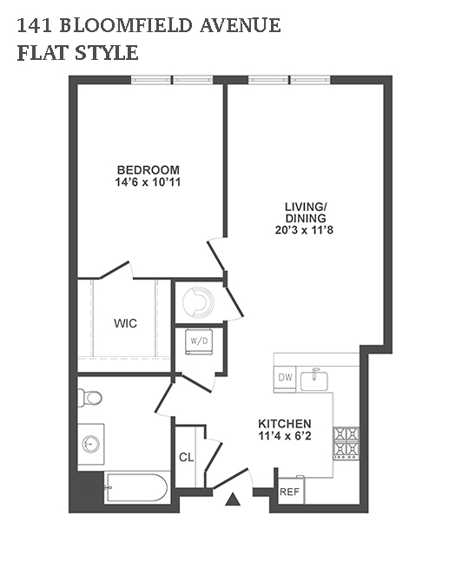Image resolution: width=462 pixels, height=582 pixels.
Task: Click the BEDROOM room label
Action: point(148,170)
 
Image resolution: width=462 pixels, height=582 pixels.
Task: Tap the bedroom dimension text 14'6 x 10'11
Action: point(148,182)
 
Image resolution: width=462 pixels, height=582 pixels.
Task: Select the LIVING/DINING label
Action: point(306,212)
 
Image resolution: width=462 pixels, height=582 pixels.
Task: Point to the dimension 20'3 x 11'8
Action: point(304,230)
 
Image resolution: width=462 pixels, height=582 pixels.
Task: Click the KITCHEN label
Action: point(285,424)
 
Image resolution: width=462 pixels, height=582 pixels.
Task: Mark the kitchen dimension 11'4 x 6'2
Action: point(285,436)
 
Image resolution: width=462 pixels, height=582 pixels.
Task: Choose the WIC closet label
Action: point(125,323)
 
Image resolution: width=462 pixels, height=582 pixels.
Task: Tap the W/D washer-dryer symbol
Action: point(199,341)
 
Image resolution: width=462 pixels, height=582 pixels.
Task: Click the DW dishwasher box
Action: point(285,378)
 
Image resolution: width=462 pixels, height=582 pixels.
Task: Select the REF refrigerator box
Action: point(291,491)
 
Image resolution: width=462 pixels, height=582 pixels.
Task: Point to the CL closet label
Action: point(187,458)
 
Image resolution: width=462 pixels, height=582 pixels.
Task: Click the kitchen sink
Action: point(314,380)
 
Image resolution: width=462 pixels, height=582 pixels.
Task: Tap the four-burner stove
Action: point(346,444)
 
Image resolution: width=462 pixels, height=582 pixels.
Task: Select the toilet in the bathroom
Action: point(89,398)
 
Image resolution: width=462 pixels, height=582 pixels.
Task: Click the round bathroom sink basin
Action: point(90,444)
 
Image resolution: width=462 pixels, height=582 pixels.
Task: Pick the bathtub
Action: point(136,487)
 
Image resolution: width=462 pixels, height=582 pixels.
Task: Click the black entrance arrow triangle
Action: point(233,499)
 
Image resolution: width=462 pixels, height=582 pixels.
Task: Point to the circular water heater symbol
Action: point(199,301)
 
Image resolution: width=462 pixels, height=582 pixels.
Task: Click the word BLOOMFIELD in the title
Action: point(126,26)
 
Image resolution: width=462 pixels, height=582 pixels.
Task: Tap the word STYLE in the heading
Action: point(107,53)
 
